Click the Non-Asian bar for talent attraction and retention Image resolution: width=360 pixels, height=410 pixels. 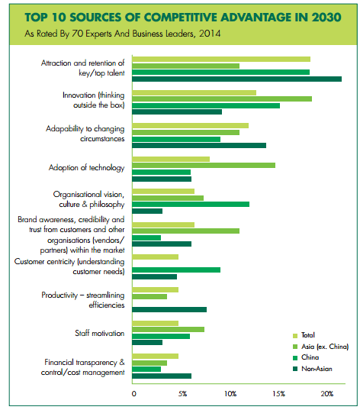pos(236,79)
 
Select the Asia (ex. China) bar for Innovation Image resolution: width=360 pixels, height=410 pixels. pos(222,98)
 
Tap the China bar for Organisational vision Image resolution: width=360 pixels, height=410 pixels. pos(191,204)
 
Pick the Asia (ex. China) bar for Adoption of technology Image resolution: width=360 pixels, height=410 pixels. pos(204,165)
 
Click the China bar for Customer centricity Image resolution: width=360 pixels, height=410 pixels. pos(176,270)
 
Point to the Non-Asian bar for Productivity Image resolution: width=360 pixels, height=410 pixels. pos(169,309)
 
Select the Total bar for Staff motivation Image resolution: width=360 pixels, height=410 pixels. pos(155,323)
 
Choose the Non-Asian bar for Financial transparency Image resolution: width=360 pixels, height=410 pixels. pos(162,376)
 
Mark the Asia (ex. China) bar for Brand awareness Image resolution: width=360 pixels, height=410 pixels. pos(186,231)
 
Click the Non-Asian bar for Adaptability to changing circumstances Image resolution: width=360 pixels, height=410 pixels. pos(199,145)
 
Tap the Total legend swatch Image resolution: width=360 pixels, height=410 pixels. pos(295,336)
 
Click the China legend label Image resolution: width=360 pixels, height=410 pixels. pos(310,357)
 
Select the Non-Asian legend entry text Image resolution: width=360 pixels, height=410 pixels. pos(317,369)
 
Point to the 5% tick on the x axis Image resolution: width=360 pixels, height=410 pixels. pos(182,394)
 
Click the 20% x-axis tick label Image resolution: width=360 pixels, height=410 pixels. pos(327,394)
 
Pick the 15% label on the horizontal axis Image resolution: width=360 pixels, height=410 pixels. pos(278,394)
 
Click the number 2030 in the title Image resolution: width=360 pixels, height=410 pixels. pos(326,18)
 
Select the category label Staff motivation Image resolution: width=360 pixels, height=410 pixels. pos(100,333)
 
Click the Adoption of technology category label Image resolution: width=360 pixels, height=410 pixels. pos(86,168)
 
